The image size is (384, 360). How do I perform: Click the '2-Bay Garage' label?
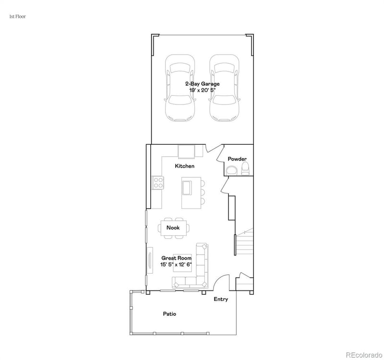coord(202,83)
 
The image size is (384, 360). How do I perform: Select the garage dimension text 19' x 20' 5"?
coord(202,90)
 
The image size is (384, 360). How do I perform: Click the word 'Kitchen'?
coord(184,166)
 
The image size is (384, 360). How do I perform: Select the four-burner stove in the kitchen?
coord(158,182)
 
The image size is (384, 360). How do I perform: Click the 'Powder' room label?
coord(237,159)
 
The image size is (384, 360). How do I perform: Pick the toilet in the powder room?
coord(245,168)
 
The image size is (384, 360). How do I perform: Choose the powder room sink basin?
coord(231,170)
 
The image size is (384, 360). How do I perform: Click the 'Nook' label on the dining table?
coord(173,228)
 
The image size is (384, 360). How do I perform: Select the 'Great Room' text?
coord(176,258)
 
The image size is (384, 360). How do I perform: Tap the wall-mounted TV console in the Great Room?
coord(150,261)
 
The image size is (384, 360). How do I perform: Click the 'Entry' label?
coord(221,299)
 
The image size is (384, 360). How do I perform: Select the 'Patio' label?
coord(169,314)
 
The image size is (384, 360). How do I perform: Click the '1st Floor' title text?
coord(17,16)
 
